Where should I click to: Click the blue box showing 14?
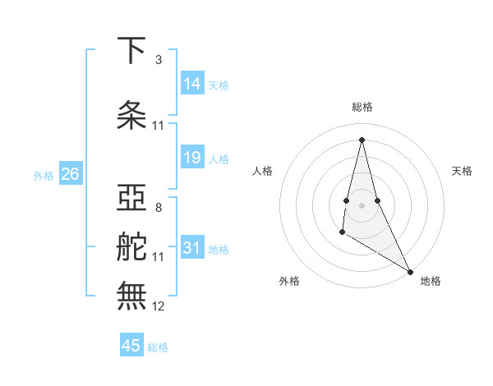pos(192,84)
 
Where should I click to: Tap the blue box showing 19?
pos(192,158)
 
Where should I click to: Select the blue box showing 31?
pos(192,247)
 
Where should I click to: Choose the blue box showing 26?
pos(70,174)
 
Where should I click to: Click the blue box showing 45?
pos(131,346)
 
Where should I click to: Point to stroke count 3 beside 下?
pos(159,60)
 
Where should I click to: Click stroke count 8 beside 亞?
pos(159,207)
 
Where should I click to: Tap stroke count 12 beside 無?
pos(159,306)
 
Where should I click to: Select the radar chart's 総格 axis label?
pos(362,107)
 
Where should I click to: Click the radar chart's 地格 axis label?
pos(431,281)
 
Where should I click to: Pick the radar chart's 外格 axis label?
pos(289,281)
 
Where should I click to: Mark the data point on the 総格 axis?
pos(362,139)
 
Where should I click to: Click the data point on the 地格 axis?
pos(411,272)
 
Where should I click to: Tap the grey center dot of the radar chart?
pos(362,204)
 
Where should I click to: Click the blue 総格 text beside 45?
pos(158,347)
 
